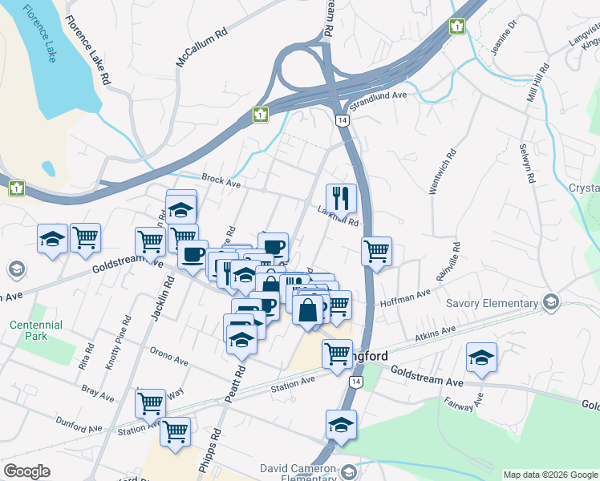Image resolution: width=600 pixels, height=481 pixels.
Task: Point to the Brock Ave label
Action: click(x=221, y=183)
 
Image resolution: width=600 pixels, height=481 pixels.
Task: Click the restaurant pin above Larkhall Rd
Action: click(x=341, y=197)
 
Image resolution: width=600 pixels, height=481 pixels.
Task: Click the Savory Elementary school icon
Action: click(x=550, y=302)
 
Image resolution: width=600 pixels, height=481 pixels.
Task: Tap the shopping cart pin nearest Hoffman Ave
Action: click(x=376, y=251)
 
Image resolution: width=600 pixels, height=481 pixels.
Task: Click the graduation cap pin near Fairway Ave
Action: click(x=481, y=357)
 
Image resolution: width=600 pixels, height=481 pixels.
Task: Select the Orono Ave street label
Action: click(x=168, y=356)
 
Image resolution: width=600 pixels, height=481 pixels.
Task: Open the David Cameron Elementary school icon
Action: click(x=347, y=471)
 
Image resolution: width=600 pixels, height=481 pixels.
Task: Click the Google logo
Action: click(x=26, y=471)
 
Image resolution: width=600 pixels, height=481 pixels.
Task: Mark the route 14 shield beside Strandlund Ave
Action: click(x=343, y=119)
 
